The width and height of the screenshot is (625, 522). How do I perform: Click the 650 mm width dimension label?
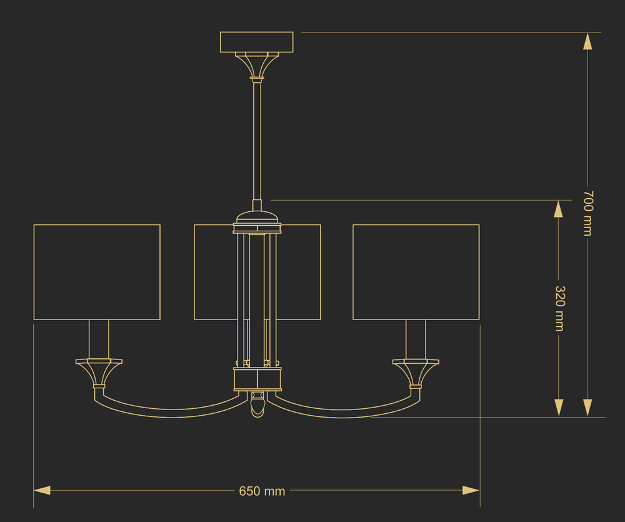(262, 491)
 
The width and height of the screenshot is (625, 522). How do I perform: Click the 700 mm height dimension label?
(588, 213)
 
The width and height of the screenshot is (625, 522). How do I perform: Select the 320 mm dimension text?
(559, 308)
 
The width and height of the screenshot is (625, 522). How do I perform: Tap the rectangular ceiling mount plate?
(257, 42)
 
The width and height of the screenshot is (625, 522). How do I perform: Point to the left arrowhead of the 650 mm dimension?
(42, 491)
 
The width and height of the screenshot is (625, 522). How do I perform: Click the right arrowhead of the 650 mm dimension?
(471, 491)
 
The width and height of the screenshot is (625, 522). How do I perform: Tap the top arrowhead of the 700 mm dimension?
(587, 41)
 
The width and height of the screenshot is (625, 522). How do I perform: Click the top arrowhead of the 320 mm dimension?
(558, 209)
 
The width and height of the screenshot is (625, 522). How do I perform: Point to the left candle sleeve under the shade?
(99, 339)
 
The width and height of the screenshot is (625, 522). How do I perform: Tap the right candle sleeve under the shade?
(416, 339)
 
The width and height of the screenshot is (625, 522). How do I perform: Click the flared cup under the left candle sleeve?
(99, 373)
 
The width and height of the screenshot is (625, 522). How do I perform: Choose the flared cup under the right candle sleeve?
(416, 373)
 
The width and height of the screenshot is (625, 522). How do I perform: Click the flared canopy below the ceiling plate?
(257, 64)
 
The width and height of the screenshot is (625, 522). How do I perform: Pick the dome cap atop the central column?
(257, 218)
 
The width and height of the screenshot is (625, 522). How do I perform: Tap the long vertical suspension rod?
(257, 139)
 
